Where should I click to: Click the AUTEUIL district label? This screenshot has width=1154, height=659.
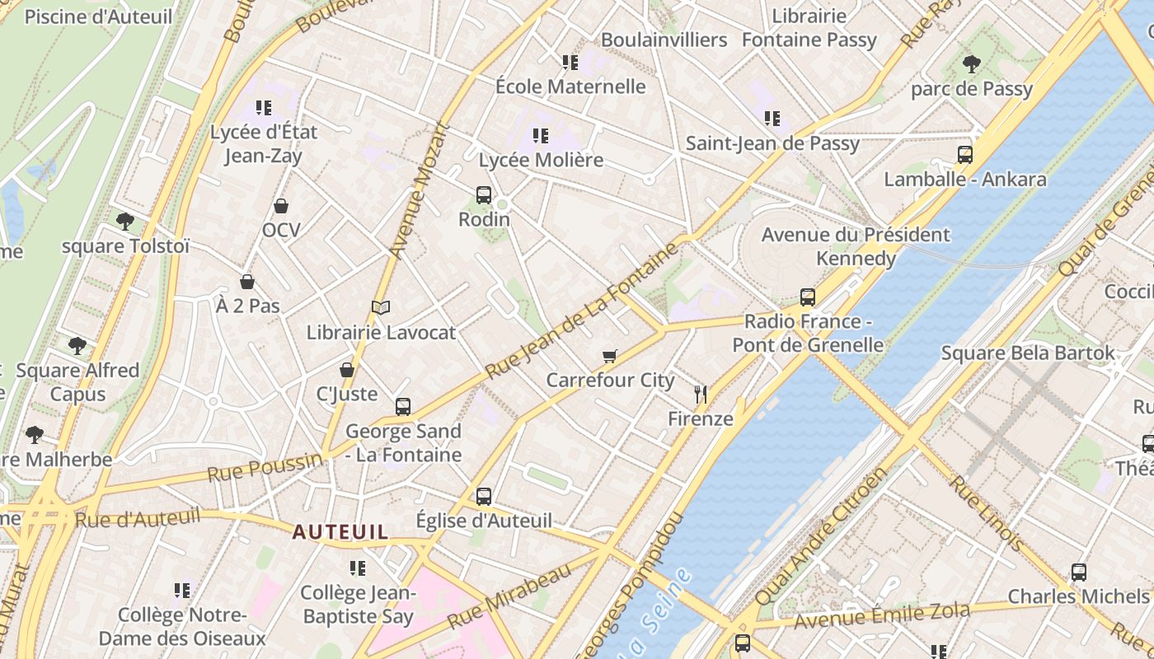[x=340, y=532]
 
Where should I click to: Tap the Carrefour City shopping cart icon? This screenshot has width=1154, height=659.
[x=609, y=356]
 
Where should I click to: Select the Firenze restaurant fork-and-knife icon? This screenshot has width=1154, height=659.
[x=701, y=395]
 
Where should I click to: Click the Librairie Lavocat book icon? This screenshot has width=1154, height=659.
[x=380, y=308]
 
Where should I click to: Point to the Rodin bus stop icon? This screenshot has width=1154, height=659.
[x=484, y=195]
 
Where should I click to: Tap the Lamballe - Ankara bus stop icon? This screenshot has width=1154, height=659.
[x=964, y=154]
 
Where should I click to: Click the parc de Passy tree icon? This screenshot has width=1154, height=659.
[x=972, y=63]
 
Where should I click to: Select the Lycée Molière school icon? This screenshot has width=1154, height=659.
[x=541, y=135]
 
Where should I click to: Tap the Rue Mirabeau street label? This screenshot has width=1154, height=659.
[x=509, y=597]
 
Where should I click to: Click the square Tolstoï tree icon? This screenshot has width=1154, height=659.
[x=125, y=221]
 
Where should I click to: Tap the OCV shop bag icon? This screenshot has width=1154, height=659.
[x=281, y=205]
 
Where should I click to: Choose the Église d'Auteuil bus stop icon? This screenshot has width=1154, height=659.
[x=484, y=496]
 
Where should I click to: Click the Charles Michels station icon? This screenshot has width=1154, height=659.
[x=1078, y=572]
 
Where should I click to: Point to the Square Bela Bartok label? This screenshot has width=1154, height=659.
[x=1028, y=353]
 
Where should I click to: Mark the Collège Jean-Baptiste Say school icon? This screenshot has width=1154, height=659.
[x=357, y=568]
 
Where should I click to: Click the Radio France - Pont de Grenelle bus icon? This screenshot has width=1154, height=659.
[x=808, y=297]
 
